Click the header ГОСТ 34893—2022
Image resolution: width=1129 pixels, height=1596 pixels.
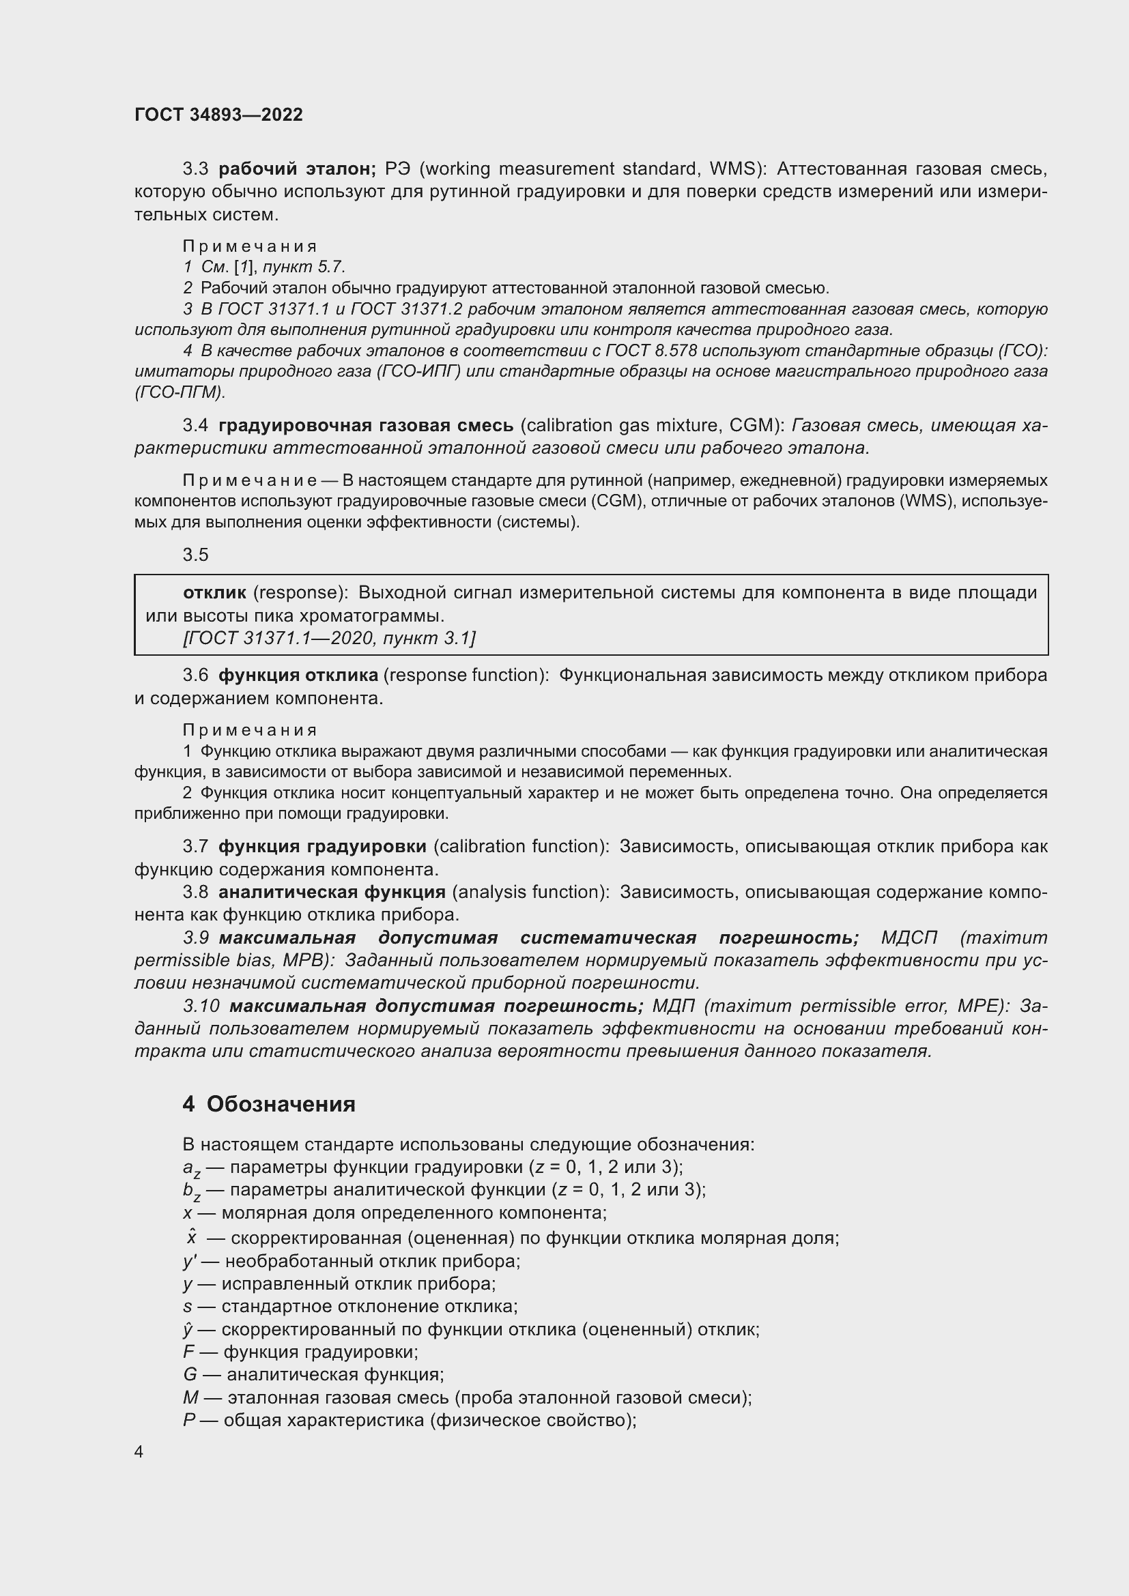[218, 115]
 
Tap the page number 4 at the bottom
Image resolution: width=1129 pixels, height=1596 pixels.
[139, 1452]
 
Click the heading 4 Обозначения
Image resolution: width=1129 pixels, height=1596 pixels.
[269, 1104]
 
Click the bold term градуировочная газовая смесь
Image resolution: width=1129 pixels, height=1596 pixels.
[366, 424]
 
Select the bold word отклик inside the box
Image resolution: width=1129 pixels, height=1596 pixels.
[214, 592]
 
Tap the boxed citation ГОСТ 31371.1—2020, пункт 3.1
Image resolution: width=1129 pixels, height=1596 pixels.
[329, 637]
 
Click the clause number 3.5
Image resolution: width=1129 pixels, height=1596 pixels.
[195, 554]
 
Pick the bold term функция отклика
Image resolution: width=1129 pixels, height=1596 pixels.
[298, 675]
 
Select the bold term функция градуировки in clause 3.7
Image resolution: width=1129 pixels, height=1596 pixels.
[322, 846]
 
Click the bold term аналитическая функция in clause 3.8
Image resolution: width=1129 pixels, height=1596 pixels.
[332, 892]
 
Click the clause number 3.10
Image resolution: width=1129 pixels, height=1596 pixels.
[201, 1006]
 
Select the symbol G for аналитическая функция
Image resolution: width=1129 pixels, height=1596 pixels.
[190, 1374]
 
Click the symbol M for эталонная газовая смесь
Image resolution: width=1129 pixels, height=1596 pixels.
[190, 1397]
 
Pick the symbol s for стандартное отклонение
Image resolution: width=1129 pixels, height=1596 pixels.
[188, 1306]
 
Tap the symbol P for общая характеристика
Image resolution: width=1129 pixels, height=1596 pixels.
[188, 1420]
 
